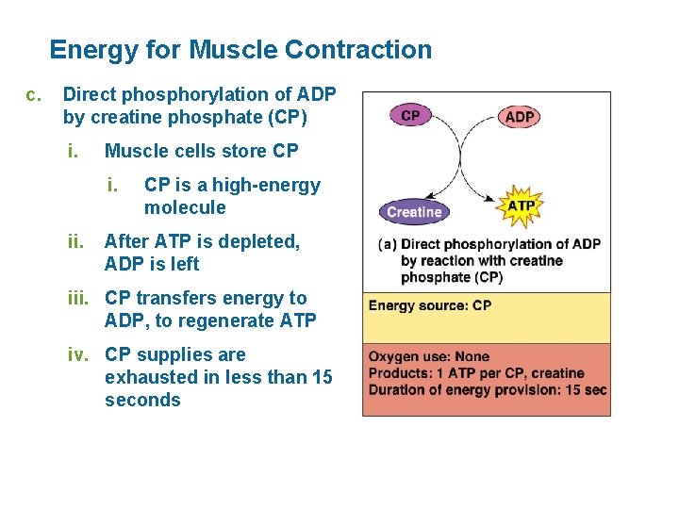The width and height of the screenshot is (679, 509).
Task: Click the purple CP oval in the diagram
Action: (410, 115)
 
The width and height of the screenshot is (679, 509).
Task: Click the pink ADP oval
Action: (520, 116)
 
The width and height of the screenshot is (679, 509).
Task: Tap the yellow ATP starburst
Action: (522, 205)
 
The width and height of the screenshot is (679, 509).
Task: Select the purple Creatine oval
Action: (414, 212)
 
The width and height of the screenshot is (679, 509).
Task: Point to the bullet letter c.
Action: (34, 94)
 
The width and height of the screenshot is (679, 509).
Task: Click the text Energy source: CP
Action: (429, 305)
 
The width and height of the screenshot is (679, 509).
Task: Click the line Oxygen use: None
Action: (428, 357)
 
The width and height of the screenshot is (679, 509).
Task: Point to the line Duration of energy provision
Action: (487, 390)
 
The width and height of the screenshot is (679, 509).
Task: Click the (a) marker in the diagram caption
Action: (387, 244)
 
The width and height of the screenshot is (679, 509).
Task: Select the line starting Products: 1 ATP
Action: (475, 374)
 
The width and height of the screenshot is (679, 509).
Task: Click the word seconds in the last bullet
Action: (142, 400)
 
